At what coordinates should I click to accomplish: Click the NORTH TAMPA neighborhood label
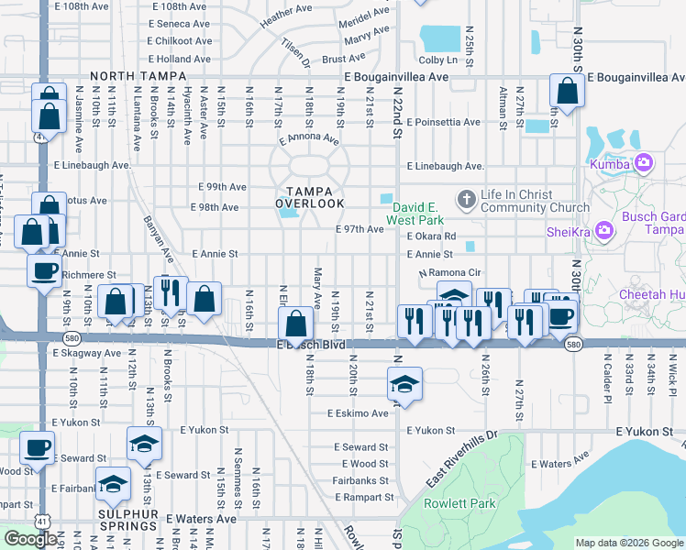tap(131, 77)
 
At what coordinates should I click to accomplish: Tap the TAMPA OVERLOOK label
tap(310, 195)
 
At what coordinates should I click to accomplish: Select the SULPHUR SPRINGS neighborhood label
tap(129, 519)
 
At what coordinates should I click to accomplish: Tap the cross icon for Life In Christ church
tap(466, 198)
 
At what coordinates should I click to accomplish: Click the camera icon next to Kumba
tap(643, 163)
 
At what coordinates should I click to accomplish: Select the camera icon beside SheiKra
tap(604, 229)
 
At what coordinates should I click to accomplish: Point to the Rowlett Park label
tap(459, 503)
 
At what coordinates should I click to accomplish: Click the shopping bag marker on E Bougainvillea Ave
tap(567, 90)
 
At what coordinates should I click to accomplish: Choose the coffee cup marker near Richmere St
tap(43, 270)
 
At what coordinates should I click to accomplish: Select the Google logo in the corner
tap(31, 539)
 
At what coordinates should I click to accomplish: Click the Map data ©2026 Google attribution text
tap(629, 543)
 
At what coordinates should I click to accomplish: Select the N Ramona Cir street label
tap(450, 274)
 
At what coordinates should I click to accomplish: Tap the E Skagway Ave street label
tap(87, 352)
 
